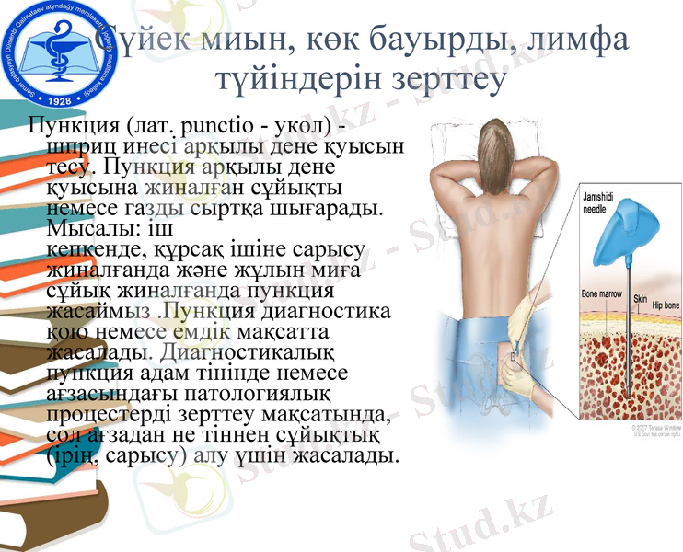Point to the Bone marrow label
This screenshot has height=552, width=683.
coord(602,294)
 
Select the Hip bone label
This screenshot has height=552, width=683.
coord(665,304)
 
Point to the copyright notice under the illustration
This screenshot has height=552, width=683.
coord(653,432)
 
